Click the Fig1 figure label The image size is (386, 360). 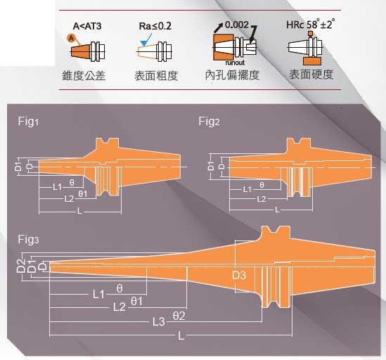pos(28,122)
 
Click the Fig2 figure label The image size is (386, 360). pos(209,122)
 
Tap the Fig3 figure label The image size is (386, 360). pos(28,239)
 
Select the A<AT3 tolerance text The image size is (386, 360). pos(87,26)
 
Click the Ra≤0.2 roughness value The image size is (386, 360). pos(155,26)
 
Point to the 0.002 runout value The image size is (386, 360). pos(237,25)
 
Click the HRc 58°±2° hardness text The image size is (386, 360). pos(311,24)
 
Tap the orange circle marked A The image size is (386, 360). pos(71,39)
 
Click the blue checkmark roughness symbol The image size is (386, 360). pos(146,40)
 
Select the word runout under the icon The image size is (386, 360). pos(235,63)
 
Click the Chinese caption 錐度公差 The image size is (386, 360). pos(84,75)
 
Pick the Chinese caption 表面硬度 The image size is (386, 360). pos(311,75)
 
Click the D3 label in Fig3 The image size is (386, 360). pos(239,276)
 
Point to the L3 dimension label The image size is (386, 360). pos(158,321)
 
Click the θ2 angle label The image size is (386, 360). pos(179,316)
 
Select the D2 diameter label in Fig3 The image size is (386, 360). pos(20,266)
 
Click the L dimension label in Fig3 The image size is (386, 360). pos(181,335)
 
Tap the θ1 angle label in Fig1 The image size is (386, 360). pos(83,194)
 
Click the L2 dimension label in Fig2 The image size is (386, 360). pos(262,199)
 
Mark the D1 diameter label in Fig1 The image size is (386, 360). pos(18,167)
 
